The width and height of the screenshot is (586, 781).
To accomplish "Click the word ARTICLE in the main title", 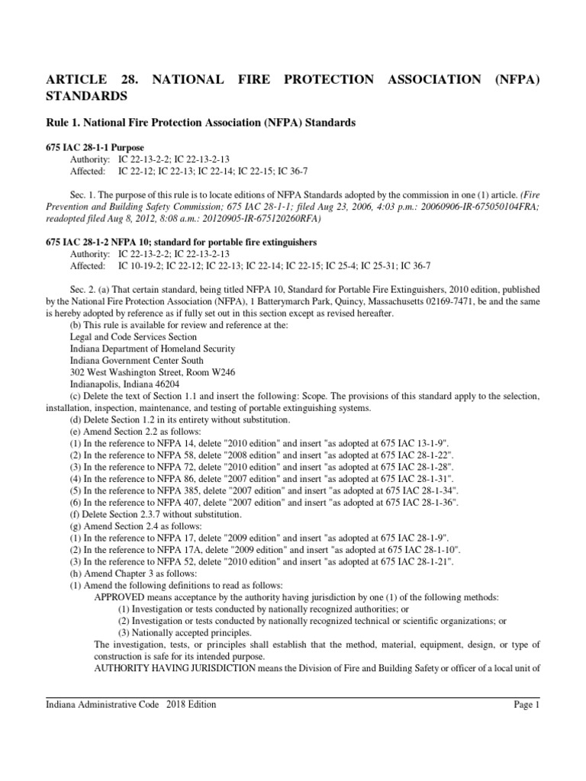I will (79, 80).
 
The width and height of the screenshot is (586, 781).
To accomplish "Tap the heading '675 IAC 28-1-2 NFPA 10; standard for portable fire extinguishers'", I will (182, 242).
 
